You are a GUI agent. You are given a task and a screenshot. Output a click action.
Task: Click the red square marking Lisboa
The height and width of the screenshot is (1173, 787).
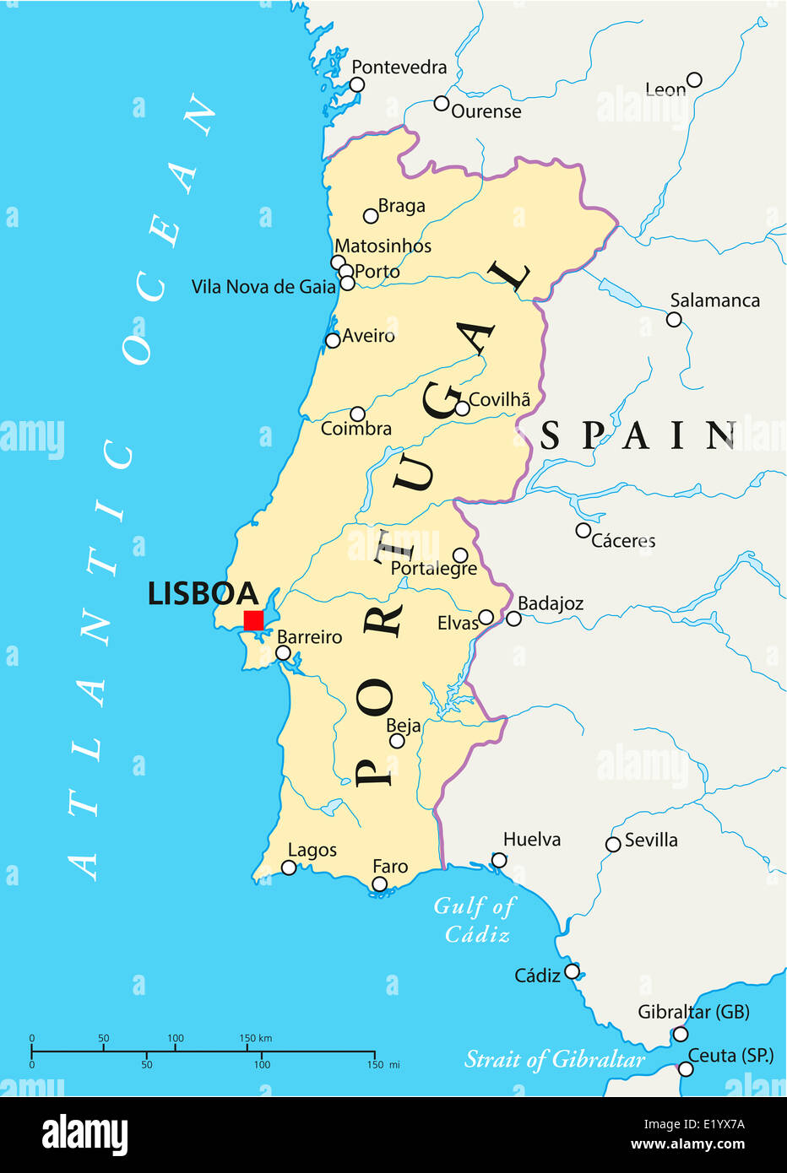253,620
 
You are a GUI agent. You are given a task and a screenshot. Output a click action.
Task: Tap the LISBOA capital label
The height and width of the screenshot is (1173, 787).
203,594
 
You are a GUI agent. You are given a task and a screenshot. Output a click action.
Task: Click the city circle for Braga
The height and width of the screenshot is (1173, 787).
370,216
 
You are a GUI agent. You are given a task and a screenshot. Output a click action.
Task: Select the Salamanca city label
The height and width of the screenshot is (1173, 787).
714,300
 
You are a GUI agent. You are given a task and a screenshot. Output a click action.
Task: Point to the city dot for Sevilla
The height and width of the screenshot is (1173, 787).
613,844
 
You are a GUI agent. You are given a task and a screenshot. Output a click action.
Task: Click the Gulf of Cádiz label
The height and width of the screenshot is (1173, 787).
475,920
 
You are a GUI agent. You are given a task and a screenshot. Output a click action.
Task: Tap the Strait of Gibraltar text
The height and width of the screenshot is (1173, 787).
555,1059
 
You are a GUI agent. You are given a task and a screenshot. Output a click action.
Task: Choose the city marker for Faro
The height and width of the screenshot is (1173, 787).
380,884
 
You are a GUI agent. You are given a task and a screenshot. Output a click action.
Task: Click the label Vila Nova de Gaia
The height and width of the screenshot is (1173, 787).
263,287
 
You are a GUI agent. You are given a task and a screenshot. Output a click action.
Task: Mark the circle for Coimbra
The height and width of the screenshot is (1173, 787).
357,414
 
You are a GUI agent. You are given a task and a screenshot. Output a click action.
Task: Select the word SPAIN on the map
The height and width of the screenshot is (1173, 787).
638,435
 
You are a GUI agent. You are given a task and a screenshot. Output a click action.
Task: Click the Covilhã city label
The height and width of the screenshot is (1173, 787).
500,399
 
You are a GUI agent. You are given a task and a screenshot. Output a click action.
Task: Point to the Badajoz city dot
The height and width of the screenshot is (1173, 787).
513,619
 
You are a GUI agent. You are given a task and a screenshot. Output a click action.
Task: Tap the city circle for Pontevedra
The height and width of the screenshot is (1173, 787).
357,84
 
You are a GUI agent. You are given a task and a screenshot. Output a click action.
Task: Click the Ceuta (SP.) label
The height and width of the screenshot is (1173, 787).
731,1055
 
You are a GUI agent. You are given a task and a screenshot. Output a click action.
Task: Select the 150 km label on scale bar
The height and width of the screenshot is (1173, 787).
255,1038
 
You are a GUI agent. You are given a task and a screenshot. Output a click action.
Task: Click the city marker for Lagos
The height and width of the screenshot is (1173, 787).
289,868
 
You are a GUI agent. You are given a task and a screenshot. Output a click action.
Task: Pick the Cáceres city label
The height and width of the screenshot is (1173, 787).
623,541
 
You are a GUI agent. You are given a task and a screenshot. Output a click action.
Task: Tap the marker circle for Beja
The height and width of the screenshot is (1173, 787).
397,741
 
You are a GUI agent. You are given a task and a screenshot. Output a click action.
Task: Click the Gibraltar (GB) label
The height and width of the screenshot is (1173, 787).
693,1012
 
